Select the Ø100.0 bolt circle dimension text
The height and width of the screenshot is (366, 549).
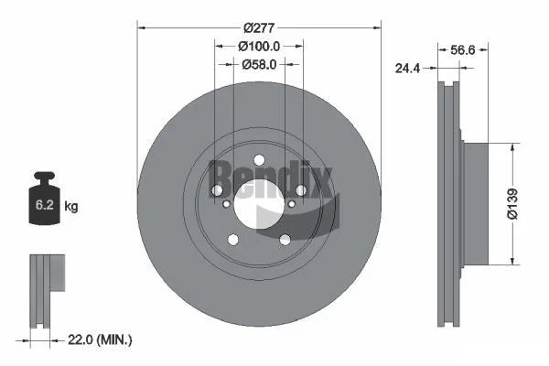[x=259, y=45]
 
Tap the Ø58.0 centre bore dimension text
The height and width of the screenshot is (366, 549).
[x=260, y=64]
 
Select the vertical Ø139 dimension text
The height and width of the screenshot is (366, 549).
[x=515, y=203]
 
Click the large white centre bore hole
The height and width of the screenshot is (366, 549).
[x=259, y=203]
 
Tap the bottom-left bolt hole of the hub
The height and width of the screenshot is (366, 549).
[x=232, y=240]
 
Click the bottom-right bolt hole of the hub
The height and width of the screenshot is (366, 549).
[x=285, y=240]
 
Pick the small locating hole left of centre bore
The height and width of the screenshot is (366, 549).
[x=226, y=203]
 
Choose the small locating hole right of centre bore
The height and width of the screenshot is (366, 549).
[x=292, y=203]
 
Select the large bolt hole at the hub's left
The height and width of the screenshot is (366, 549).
[x=217, y=189]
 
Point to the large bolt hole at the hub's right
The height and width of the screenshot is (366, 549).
[x=301, y=189]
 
